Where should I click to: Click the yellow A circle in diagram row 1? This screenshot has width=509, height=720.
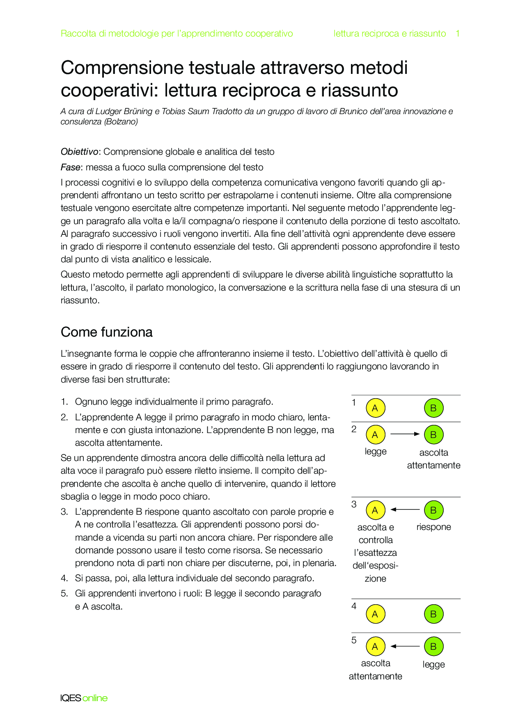(375, 408)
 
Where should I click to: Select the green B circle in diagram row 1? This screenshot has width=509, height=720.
(433, 408)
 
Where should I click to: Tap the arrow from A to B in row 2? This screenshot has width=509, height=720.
(405, 434)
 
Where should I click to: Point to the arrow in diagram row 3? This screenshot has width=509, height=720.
(405, 510)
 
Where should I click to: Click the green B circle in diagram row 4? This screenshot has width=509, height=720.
(433, 615)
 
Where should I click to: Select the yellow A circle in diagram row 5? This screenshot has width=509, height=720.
(375, 647)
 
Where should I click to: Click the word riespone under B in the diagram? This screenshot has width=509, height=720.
(433, 527)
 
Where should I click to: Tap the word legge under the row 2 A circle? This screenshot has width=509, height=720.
(376, 452)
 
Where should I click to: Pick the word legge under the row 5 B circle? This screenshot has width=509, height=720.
(433, 665)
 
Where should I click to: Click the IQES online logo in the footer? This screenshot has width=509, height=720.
(84, 698)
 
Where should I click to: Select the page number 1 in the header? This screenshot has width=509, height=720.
(458, 34)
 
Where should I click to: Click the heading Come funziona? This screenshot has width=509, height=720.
(107, 332)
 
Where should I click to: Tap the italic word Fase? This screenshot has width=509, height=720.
(70, 167)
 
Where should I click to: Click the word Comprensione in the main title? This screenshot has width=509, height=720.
(122, 68)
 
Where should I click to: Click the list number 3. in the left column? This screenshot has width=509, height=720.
(64, 512)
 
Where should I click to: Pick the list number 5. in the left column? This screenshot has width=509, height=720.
(64, 594)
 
